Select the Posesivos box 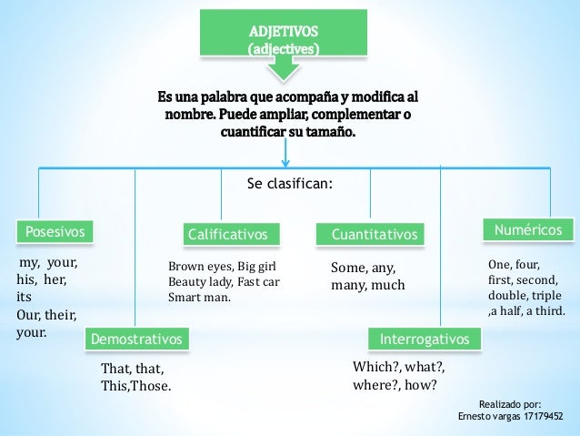tap(56, 232)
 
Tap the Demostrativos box tap(135, 340)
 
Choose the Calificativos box tap(227, 235)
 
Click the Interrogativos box tap(424, 340)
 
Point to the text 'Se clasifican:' tap(290, 185)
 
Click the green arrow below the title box tap(284, 66)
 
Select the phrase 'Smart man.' tap(200, 297)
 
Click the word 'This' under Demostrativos tap(115, 386)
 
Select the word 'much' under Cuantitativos tap(387, 286)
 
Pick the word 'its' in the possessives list tap(25, 296)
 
